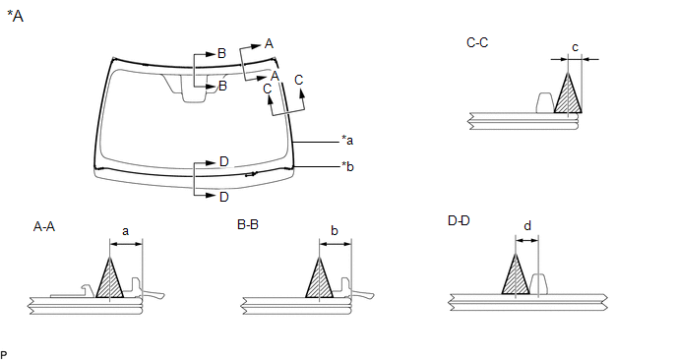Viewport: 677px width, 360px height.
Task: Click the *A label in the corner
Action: [15, 17]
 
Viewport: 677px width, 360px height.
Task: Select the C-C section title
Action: [477, 42]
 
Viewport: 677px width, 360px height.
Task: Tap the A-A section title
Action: [44, 226]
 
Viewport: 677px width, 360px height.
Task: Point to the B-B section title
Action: [248, 224]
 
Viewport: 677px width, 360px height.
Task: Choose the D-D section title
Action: [459, 221]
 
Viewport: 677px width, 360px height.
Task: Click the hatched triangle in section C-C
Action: [568, 95]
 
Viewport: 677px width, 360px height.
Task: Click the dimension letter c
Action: [575, 47]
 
